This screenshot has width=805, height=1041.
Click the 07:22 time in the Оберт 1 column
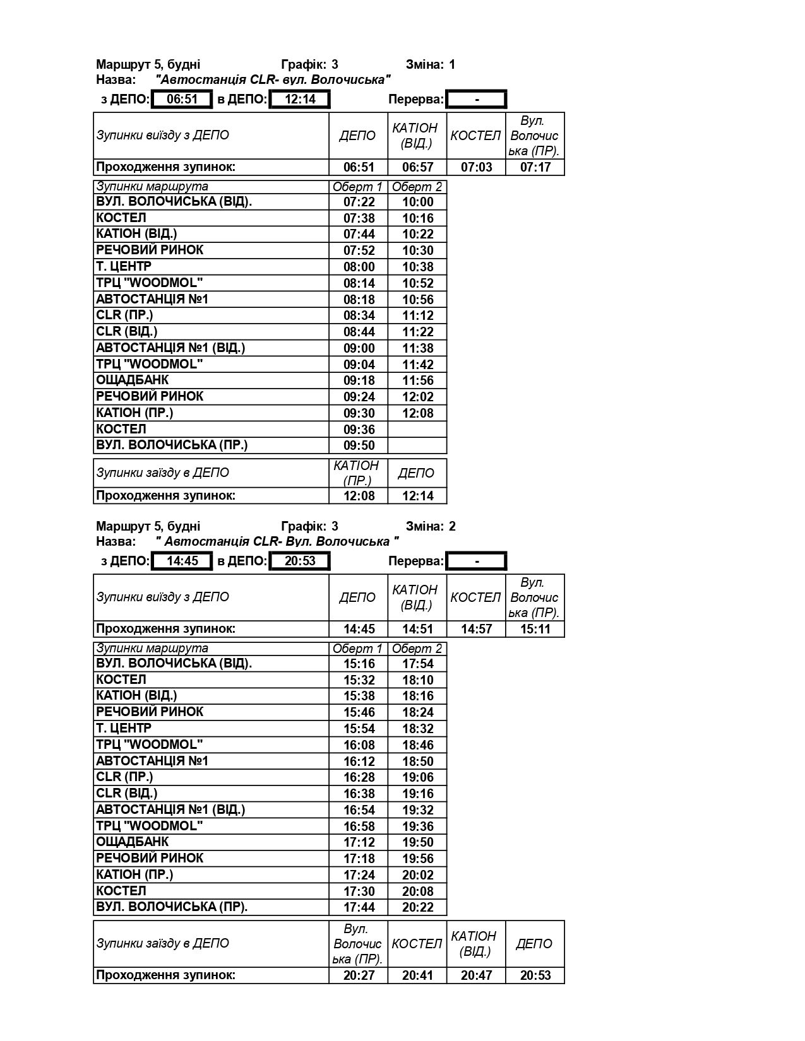(359, 202)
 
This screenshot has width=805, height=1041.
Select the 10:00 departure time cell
(417, 202)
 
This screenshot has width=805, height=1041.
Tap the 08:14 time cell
(359, 283)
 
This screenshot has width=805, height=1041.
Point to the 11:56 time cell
(417, 380)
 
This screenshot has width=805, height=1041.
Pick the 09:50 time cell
(359, 445)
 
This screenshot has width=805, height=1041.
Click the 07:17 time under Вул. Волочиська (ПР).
(535, 167)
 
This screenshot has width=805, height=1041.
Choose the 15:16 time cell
(359, 664)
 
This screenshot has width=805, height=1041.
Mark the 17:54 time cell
(417, 664)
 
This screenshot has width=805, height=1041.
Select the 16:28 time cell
(359, 777)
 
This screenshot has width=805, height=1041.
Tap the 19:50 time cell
(417, 842)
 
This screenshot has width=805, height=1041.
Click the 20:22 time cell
(417, 907)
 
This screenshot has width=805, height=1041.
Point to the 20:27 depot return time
(359, 975)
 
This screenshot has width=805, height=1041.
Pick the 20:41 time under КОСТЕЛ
(417, 975)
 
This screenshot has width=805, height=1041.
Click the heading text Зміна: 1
(431, 64)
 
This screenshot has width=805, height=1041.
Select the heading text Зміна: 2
(431, 526)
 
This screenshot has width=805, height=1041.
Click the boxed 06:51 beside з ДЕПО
(182, 99)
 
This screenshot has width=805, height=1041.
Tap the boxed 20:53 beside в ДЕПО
(299, 561)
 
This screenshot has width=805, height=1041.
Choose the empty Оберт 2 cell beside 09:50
(417, 445)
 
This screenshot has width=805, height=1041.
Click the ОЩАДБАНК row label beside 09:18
(133, 380)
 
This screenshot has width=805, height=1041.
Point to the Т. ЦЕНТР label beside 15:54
(124, 728)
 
